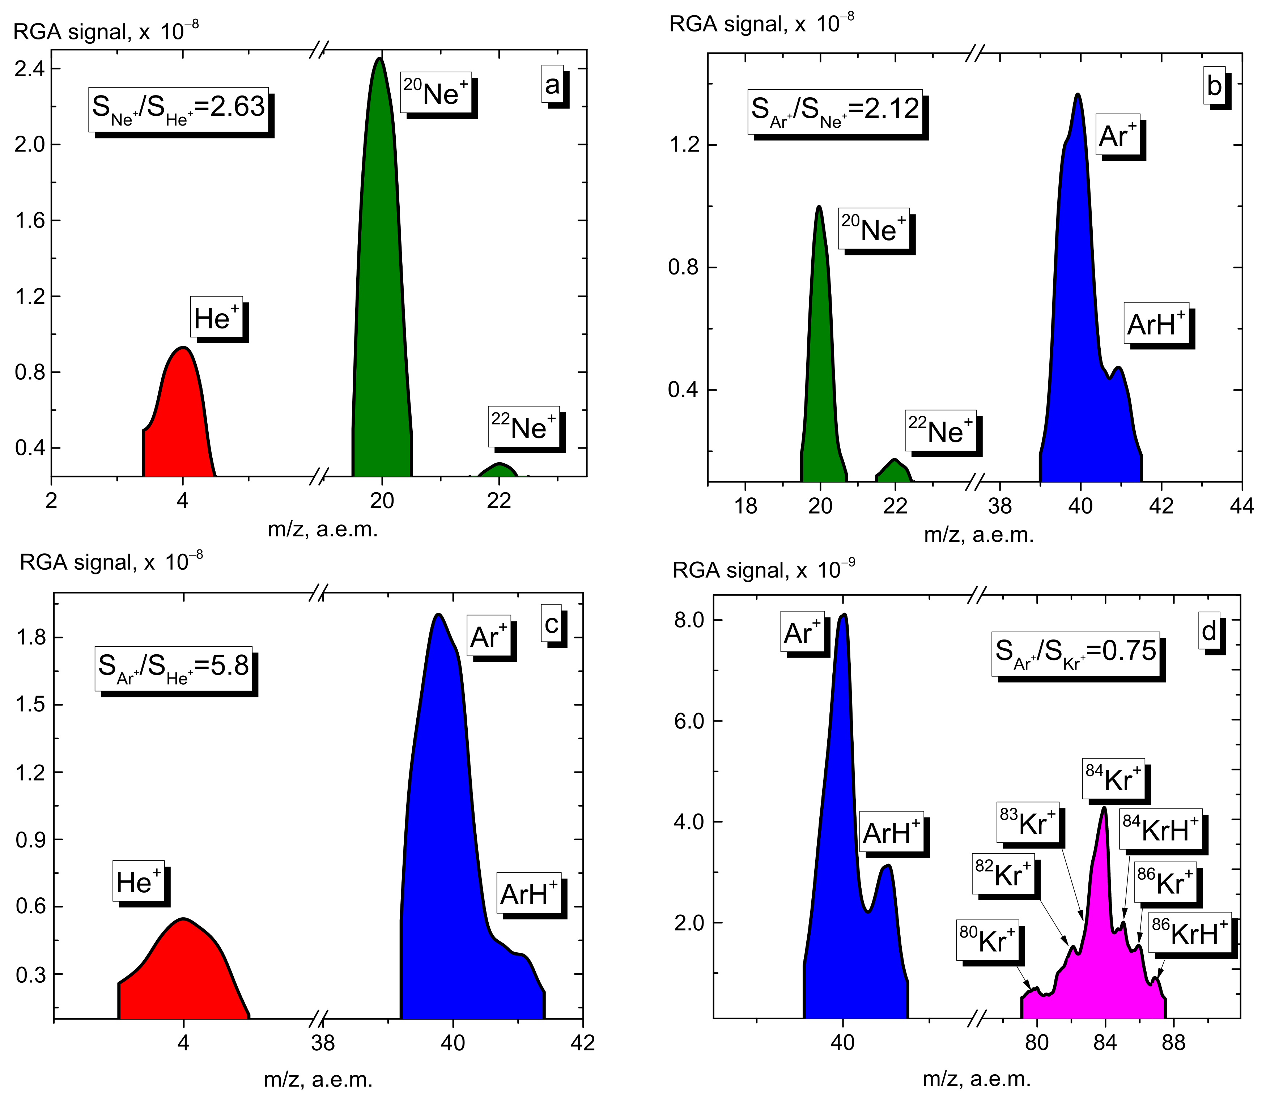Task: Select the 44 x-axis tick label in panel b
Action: pyautogui.click(x=1241, y=506)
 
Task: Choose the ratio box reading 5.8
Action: pyautogui.click(x=173, y=667)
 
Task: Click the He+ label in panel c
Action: pyautogui.click(x=138, y=883)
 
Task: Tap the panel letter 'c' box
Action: pyautogui.click(x=551, y=624)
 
